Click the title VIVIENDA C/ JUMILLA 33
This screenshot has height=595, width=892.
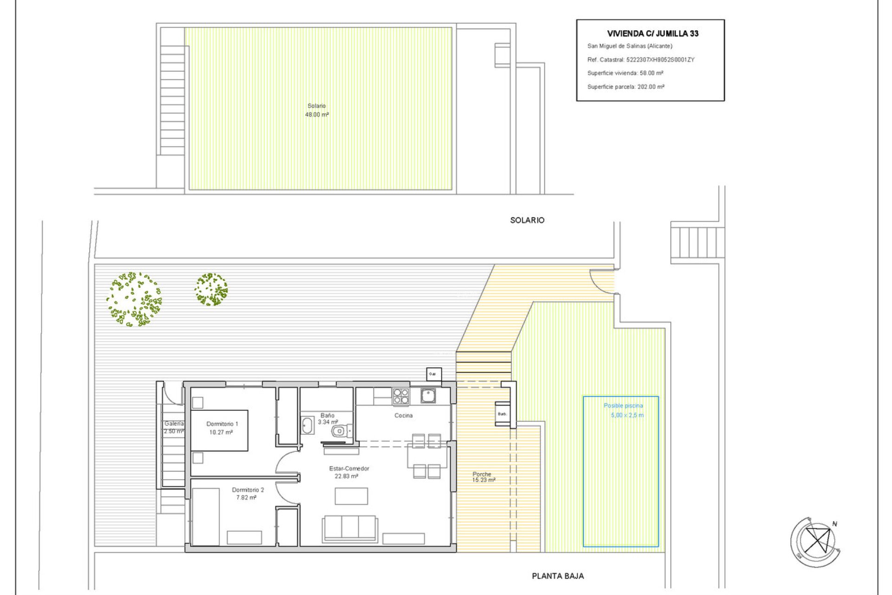coord(652,33)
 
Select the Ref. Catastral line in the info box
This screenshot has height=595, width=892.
coord(641,59)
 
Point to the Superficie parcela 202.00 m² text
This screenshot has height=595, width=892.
coord(625,87)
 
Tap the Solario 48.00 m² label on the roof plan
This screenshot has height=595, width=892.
coord(317,110)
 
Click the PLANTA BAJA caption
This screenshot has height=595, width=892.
coord(557,576)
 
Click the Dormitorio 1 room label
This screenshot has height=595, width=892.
coord(222,428)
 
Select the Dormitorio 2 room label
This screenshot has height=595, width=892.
coord(248,494)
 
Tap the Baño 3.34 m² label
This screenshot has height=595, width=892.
coord(328,419)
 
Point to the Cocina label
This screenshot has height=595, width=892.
coord(403,416)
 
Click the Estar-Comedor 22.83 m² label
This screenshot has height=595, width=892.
coord(348,472)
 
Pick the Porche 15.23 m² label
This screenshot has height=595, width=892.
coord(483,477)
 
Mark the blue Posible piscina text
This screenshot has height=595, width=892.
coord(623,406)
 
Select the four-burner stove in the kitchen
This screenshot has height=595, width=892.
coord(401,397)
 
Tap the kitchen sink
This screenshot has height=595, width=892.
coord(428,396)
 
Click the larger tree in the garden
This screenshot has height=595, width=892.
coord(134,299)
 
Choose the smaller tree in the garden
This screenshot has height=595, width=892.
coord(211,289)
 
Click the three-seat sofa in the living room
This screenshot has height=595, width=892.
coord(350,528)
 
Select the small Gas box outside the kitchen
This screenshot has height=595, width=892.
coord(433,374)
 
